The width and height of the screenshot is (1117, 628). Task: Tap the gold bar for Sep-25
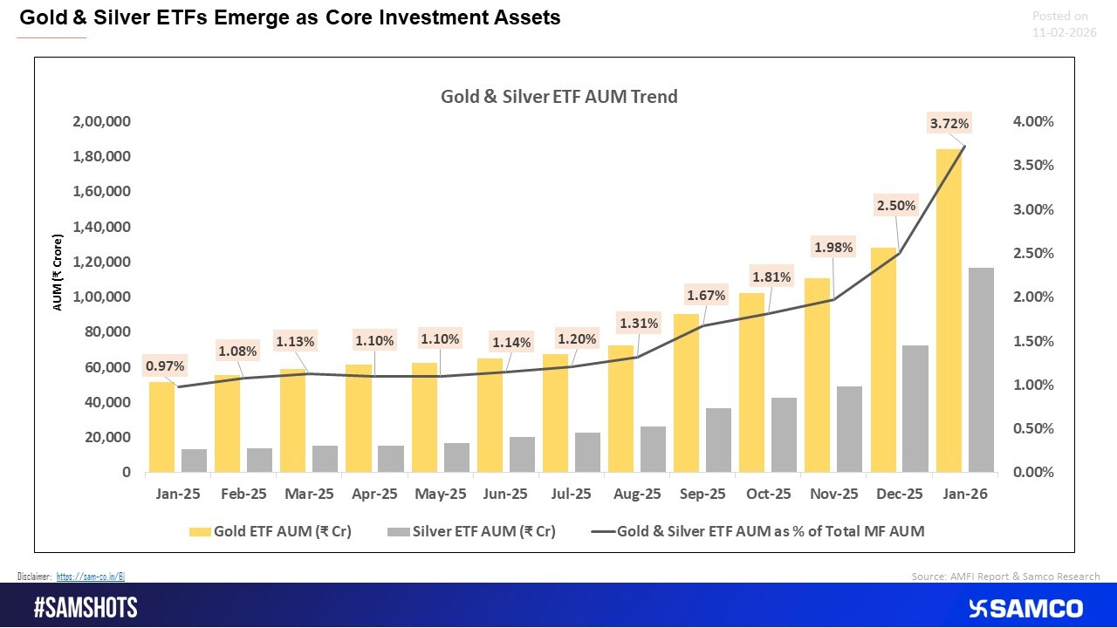coord(686,392)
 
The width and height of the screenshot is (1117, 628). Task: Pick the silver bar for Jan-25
coord(194,461)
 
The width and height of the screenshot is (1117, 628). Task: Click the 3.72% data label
coord(948,125)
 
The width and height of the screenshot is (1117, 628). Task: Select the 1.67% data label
coord(705,296)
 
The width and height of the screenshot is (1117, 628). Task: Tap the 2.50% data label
coord(895,206)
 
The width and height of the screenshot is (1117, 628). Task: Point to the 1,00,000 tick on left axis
coord(101,297)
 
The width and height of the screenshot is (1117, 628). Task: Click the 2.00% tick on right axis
coord(1032,297)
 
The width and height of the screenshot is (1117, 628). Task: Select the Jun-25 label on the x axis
coord(505,494)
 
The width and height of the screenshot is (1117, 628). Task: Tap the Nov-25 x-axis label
coord(833,494)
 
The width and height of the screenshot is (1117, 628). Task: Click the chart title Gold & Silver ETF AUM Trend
coord(558,97)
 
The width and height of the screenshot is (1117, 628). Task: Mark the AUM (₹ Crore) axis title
coord(58,273)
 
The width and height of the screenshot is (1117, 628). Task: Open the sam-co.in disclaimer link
coord(91,577)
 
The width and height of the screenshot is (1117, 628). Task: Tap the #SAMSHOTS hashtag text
coord(86,608)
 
